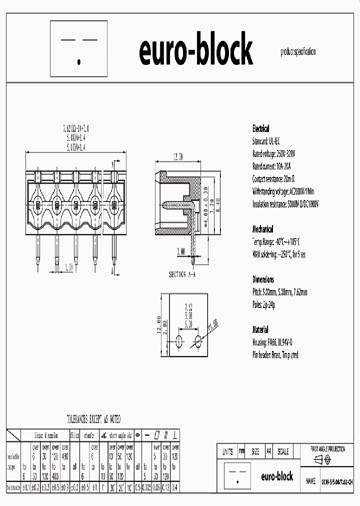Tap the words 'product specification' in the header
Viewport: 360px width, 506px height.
pos(298,52)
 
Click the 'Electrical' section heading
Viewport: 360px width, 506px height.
pos(260,128)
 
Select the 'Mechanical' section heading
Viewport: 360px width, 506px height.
pos(262,229)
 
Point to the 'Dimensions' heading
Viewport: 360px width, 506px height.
pos(263,279)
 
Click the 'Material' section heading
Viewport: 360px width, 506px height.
pos(260,330)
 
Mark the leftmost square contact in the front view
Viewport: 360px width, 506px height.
pos(38,205)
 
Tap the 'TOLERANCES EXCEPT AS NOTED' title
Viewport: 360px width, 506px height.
pos(93,419)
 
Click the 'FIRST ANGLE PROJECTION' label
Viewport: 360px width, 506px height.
pos(327,449)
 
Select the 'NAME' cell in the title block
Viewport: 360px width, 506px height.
pos(310,481)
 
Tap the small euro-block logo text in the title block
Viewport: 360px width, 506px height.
pos(276,476)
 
